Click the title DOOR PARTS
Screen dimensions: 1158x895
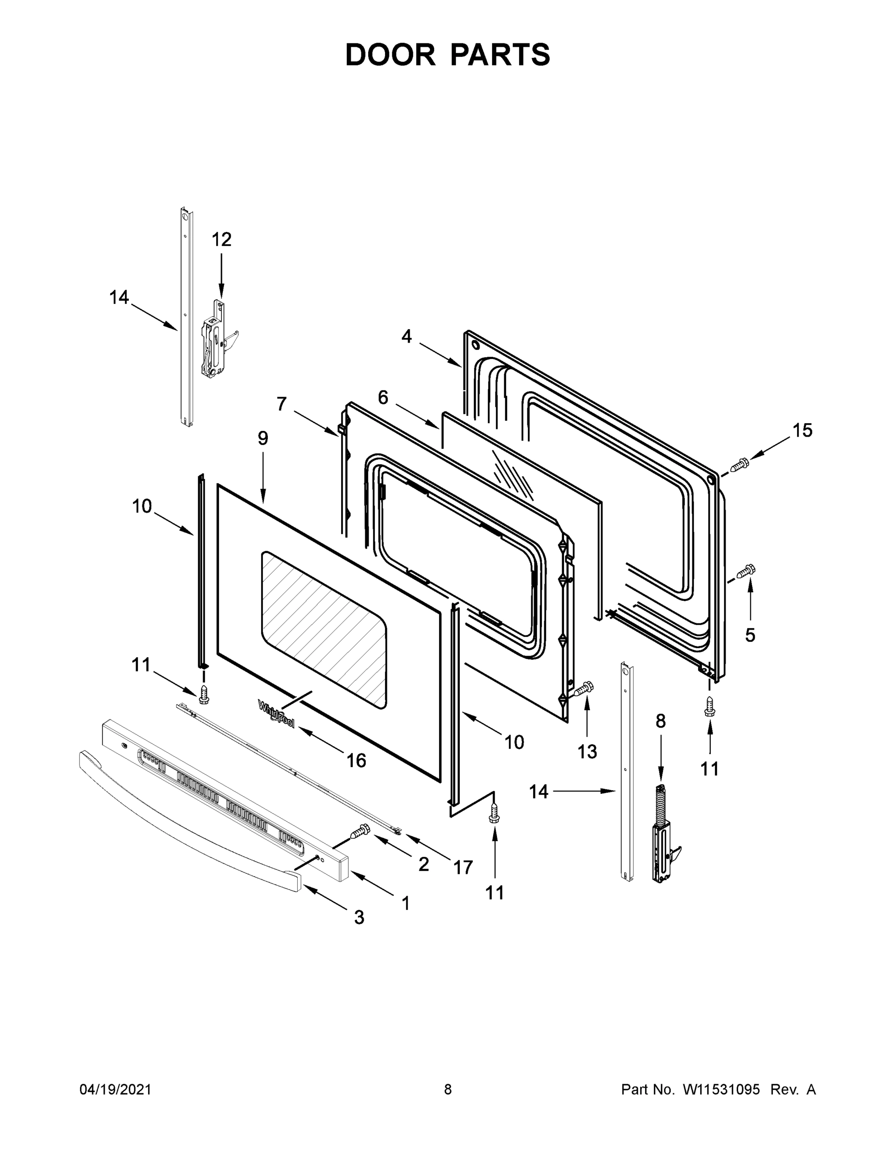pos(448,55)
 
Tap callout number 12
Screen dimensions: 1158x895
pos(221,240)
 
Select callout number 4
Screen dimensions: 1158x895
pos(406,336)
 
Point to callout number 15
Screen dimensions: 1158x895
pos(802,430)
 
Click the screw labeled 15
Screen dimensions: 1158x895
pos(739,466)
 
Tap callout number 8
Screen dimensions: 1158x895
pos(660,721)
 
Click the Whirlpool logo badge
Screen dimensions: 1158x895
pos(275,714)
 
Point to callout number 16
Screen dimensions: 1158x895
pos(356,760)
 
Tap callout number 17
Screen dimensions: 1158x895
pos(462,868)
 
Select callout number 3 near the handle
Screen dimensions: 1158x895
pos(359,917)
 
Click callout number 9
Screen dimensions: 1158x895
pos(263,438)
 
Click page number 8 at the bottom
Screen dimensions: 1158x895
pos(448,1089)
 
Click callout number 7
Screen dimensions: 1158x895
pos(282,404)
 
